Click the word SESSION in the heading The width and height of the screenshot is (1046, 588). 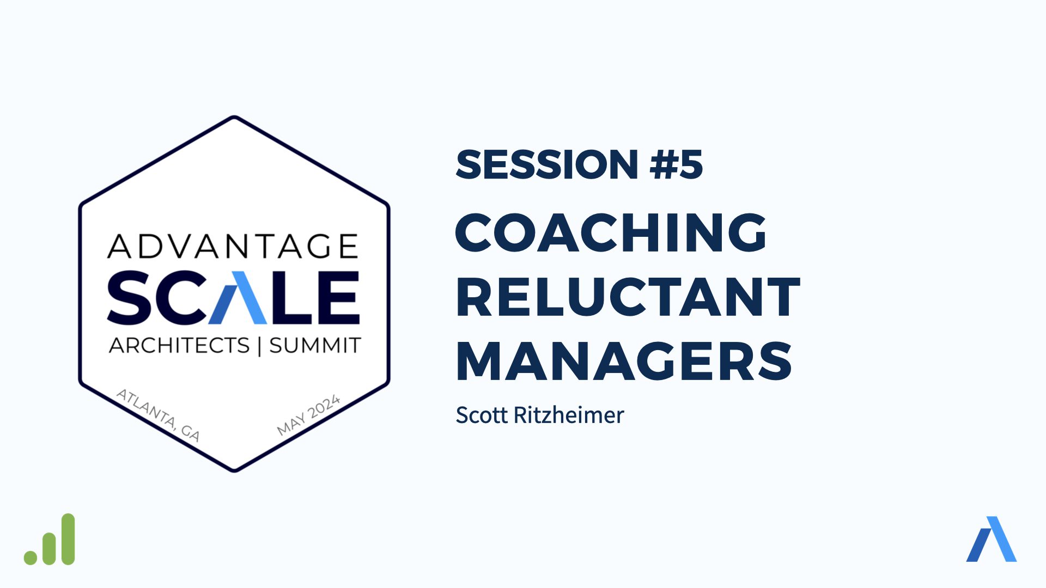click(x=547, y=164)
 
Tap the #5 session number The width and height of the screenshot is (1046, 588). click(x=677, y=164)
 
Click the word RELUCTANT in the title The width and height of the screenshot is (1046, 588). click(x=628, y=297)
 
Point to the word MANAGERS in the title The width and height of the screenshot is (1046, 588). click(x=624, y=361)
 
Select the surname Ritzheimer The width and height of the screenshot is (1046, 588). click(x=569, y=415)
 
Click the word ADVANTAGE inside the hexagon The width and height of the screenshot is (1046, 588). click(x=233, y=246)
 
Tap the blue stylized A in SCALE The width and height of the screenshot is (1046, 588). click(x=238, y=297)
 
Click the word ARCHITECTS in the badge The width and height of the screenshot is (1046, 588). click(x=179, y=345)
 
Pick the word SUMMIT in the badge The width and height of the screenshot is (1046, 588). click(x=315, y=345)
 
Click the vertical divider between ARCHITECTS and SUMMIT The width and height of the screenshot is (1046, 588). click(x=259, y=346)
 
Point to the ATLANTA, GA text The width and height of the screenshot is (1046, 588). click(x=159, y=415)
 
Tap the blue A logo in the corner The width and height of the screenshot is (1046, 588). click(x=992, y=538)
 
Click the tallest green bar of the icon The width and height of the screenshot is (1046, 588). click(x=68, y=539)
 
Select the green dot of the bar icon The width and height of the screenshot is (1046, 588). click(x=31, y=558)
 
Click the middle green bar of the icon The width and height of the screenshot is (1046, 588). click(x=50, y=548)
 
